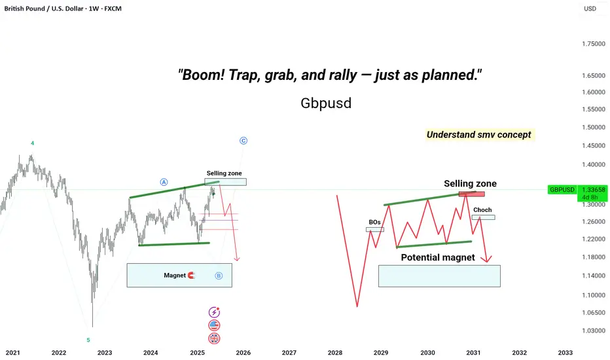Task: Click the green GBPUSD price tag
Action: [562, 190]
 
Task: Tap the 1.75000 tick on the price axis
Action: [594, 44]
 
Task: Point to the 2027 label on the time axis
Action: [289, 353]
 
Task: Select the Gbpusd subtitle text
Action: [326, 103]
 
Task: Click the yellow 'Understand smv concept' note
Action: [479, 135]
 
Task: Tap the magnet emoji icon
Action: [191, 275]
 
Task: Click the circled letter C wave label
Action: [243, 141]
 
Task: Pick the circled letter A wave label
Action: [164, 182]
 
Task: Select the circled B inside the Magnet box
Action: [219, 276]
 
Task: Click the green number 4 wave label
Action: [32, 143]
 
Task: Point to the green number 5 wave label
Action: [88, 340]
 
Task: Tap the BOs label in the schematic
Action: [374, 223]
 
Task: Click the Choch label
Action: [482, 209]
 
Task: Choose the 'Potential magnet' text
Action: [438, 257]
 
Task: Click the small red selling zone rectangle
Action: [471, 194]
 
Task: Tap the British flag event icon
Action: [215, 338]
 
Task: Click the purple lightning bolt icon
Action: [214, 312]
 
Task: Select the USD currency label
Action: [590, 9]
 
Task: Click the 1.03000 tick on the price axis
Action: [594, 331]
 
